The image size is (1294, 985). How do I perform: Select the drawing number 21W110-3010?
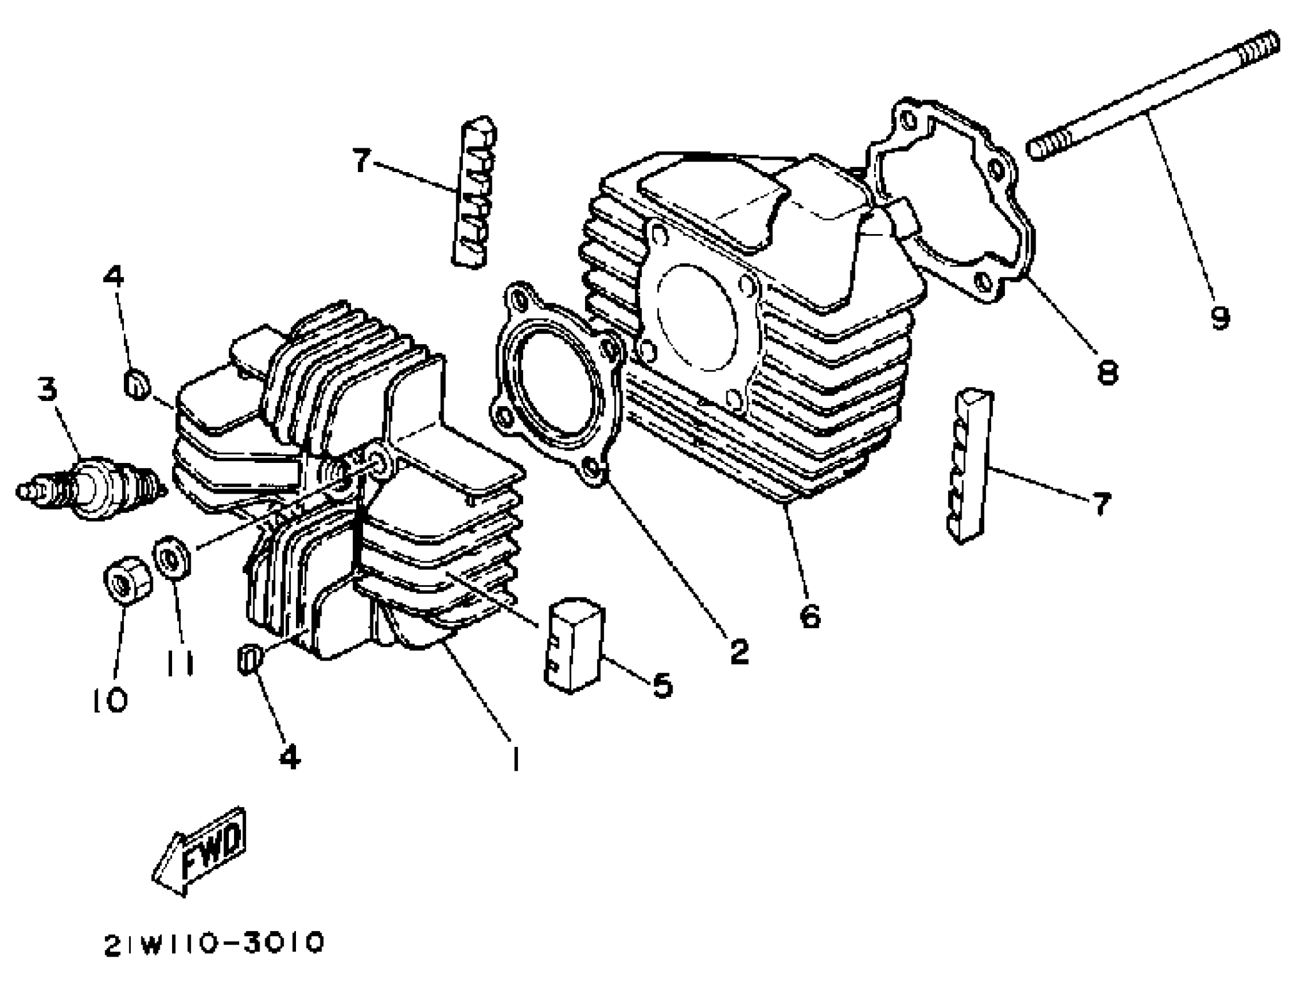tap(214, 943)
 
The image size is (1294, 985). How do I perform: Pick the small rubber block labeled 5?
tap(575, 645)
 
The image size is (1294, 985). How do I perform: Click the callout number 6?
tap(810, 615)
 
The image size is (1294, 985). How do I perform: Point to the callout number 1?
tap(515, 758)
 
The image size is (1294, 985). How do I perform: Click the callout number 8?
tap(1107, 372)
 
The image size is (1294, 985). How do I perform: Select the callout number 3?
tap(47, 389)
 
